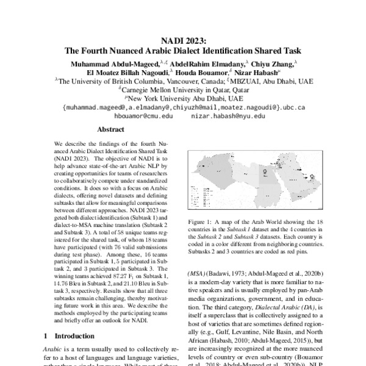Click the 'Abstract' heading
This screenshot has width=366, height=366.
point(112,129)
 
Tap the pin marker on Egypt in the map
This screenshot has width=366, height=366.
point(264,173)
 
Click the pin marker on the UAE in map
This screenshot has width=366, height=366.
point(312,178)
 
